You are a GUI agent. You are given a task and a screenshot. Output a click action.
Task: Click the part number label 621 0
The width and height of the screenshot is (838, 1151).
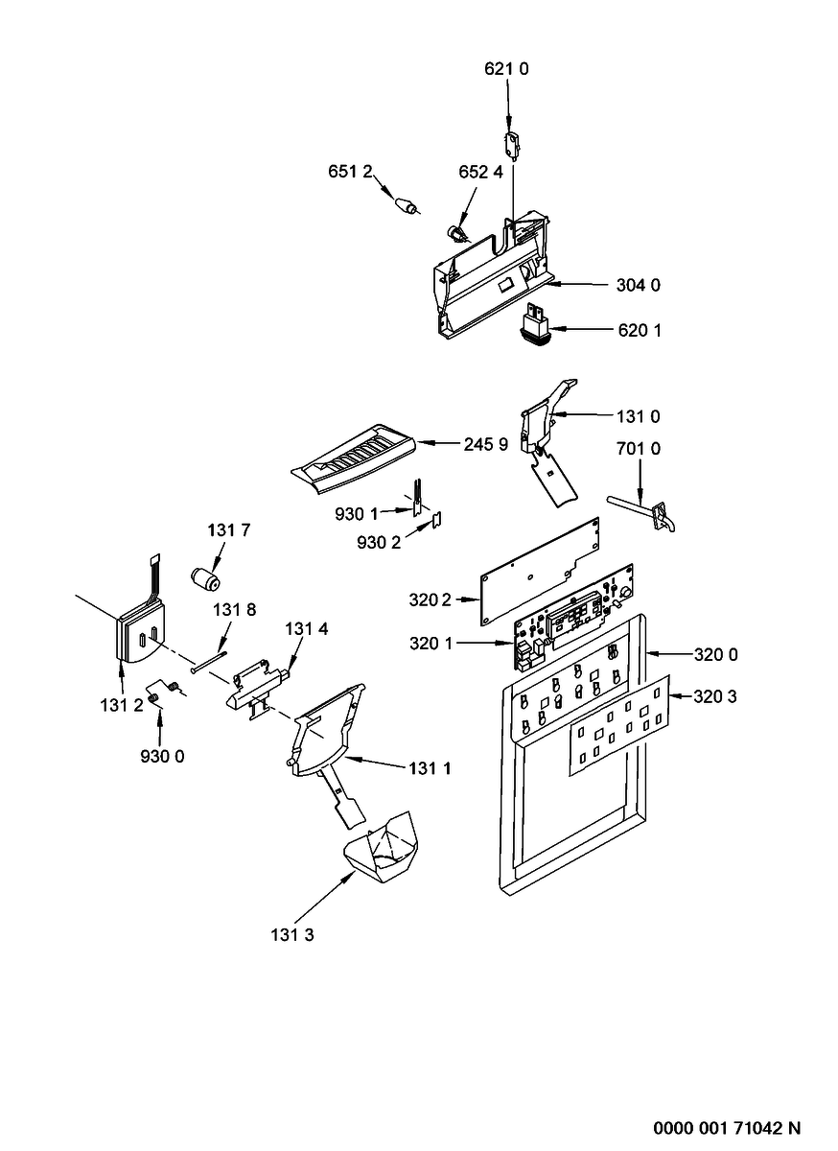[506, 69]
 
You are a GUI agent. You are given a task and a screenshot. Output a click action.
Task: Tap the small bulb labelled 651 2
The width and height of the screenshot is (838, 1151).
[407, 205]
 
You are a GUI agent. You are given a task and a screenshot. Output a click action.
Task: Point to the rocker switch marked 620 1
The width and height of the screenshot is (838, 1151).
[534, 327]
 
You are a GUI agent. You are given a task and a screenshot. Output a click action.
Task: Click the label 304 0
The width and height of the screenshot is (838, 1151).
[639, 285]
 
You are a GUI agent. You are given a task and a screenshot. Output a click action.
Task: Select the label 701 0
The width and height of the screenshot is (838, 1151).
[639, 449]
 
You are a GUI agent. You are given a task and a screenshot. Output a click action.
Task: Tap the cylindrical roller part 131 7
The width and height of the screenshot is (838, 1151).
[205, 580]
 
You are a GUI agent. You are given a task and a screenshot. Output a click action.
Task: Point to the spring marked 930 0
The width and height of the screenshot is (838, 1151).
[163, 693]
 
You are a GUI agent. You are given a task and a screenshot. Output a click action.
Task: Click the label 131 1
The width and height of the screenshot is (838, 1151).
[431, 768]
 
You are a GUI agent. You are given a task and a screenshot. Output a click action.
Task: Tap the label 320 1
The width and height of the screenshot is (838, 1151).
[431, 643]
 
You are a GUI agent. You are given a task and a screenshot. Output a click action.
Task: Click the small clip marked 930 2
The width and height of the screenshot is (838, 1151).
[438, 519]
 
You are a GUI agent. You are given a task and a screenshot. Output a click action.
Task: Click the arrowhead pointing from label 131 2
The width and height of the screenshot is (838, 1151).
[122, 668]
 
